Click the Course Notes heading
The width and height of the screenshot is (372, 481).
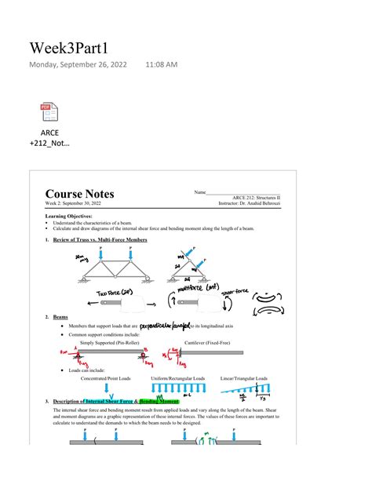point(79,194)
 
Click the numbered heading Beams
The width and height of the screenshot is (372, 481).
point(60,317)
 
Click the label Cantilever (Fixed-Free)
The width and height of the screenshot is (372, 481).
point(209,343)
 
